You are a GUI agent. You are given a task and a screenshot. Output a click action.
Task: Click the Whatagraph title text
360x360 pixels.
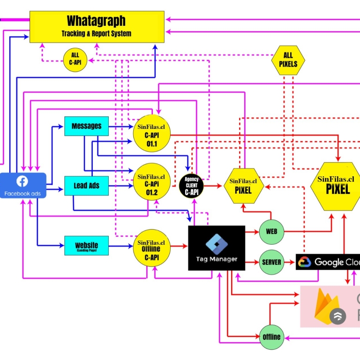click(x=96, y=21)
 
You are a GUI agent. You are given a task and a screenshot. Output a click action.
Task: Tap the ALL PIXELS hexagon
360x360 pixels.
click(x=288, y=60)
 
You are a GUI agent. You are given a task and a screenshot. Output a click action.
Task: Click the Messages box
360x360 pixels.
click(x=86, y=126)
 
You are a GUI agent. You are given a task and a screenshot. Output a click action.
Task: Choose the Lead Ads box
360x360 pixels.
click(x=86, y=186)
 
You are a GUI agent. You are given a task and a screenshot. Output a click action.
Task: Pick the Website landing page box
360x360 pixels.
click(x=86, y=246)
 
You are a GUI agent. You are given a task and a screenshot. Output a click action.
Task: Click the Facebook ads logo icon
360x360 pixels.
click(x=22, y=181)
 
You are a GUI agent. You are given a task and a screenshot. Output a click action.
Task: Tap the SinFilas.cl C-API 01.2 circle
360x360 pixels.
click(x=151, y=184)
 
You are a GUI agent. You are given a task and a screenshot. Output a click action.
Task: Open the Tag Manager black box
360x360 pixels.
click(x=217, y=248)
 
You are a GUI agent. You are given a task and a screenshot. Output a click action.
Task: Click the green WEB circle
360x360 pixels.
click(x=271, y=232)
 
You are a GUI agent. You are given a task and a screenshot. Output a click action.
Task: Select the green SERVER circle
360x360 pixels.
click(x=271, y=262)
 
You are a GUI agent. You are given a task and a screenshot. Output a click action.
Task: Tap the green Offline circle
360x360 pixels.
click(x=271, y=337)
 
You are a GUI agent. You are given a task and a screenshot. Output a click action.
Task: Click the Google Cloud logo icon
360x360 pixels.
click(x=304, y=262)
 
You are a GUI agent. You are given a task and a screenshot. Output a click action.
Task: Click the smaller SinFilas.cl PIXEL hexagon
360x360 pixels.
click(x=243, y=186)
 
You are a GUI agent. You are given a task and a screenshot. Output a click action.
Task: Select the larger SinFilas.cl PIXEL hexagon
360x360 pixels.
click(x=336, y=186)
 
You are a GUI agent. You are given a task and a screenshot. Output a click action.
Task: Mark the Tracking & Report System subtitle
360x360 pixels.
click(x=96, y=34)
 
